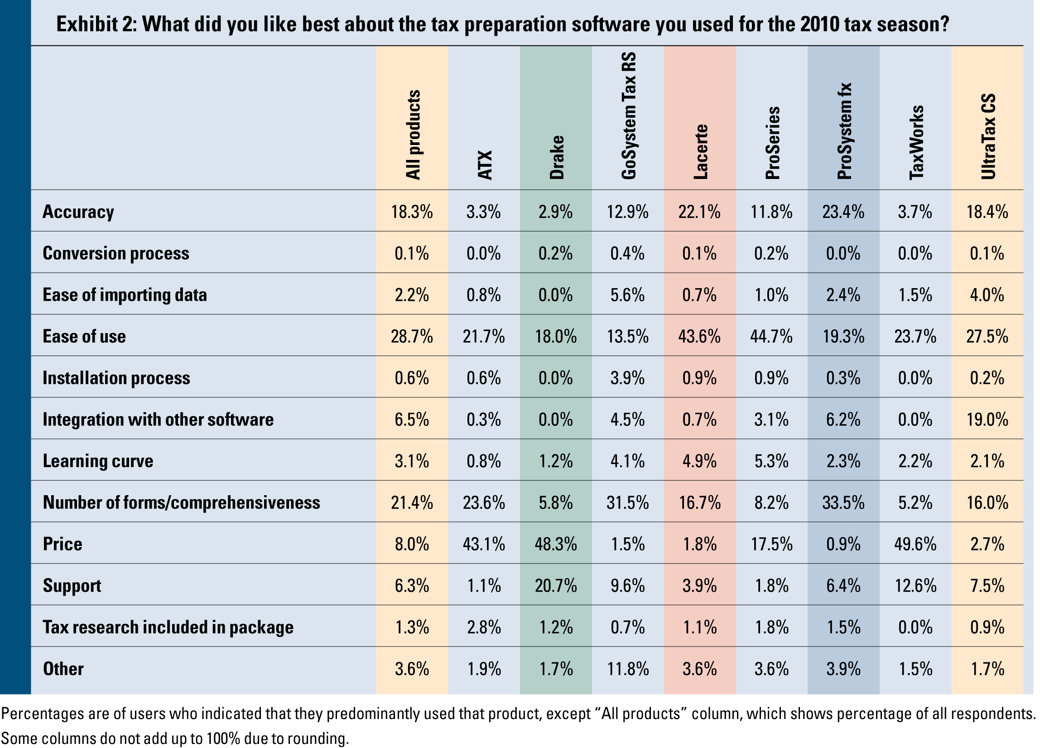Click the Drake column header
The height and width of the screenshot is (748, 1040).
[x=556, y=157]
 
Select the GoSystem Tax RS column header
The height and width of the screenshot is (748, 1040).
[x=628, y=115]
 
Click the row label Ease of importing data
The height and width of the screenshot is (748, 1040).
[x=125, y=294]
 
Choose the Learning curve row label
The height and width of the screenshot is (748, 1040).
[x=98, y=460]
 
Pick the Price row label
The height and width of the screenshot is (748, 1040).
[x=63, y=544]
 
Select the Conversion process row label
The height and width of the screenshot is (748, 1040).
[x=116, y=253]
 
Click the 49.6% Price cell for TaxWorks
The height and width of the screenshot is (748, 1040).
[x=915, y=544]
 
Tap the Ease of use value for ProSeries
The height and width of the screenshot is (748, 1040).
[x=771, y=336]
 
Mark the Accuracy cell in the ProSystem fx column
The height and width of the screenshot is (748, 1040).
[x=843, y=212]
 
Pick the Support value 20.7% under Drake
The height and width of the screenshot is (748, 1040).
[x=556, y=586]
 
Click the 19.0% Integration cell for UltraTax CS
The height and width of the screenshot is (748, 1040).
[x=987, y=419]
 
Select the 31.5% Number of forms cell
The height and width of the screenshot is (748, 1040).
[x=627, y=502]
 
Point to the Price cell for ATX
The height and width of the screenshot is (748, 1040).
[x=483, y=544]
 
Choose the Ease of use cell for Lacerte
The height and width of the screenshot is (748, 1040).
[x=699, y=336]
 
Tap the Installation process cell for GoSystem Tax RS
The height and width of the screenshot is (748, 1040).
[x=627, y=378]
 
